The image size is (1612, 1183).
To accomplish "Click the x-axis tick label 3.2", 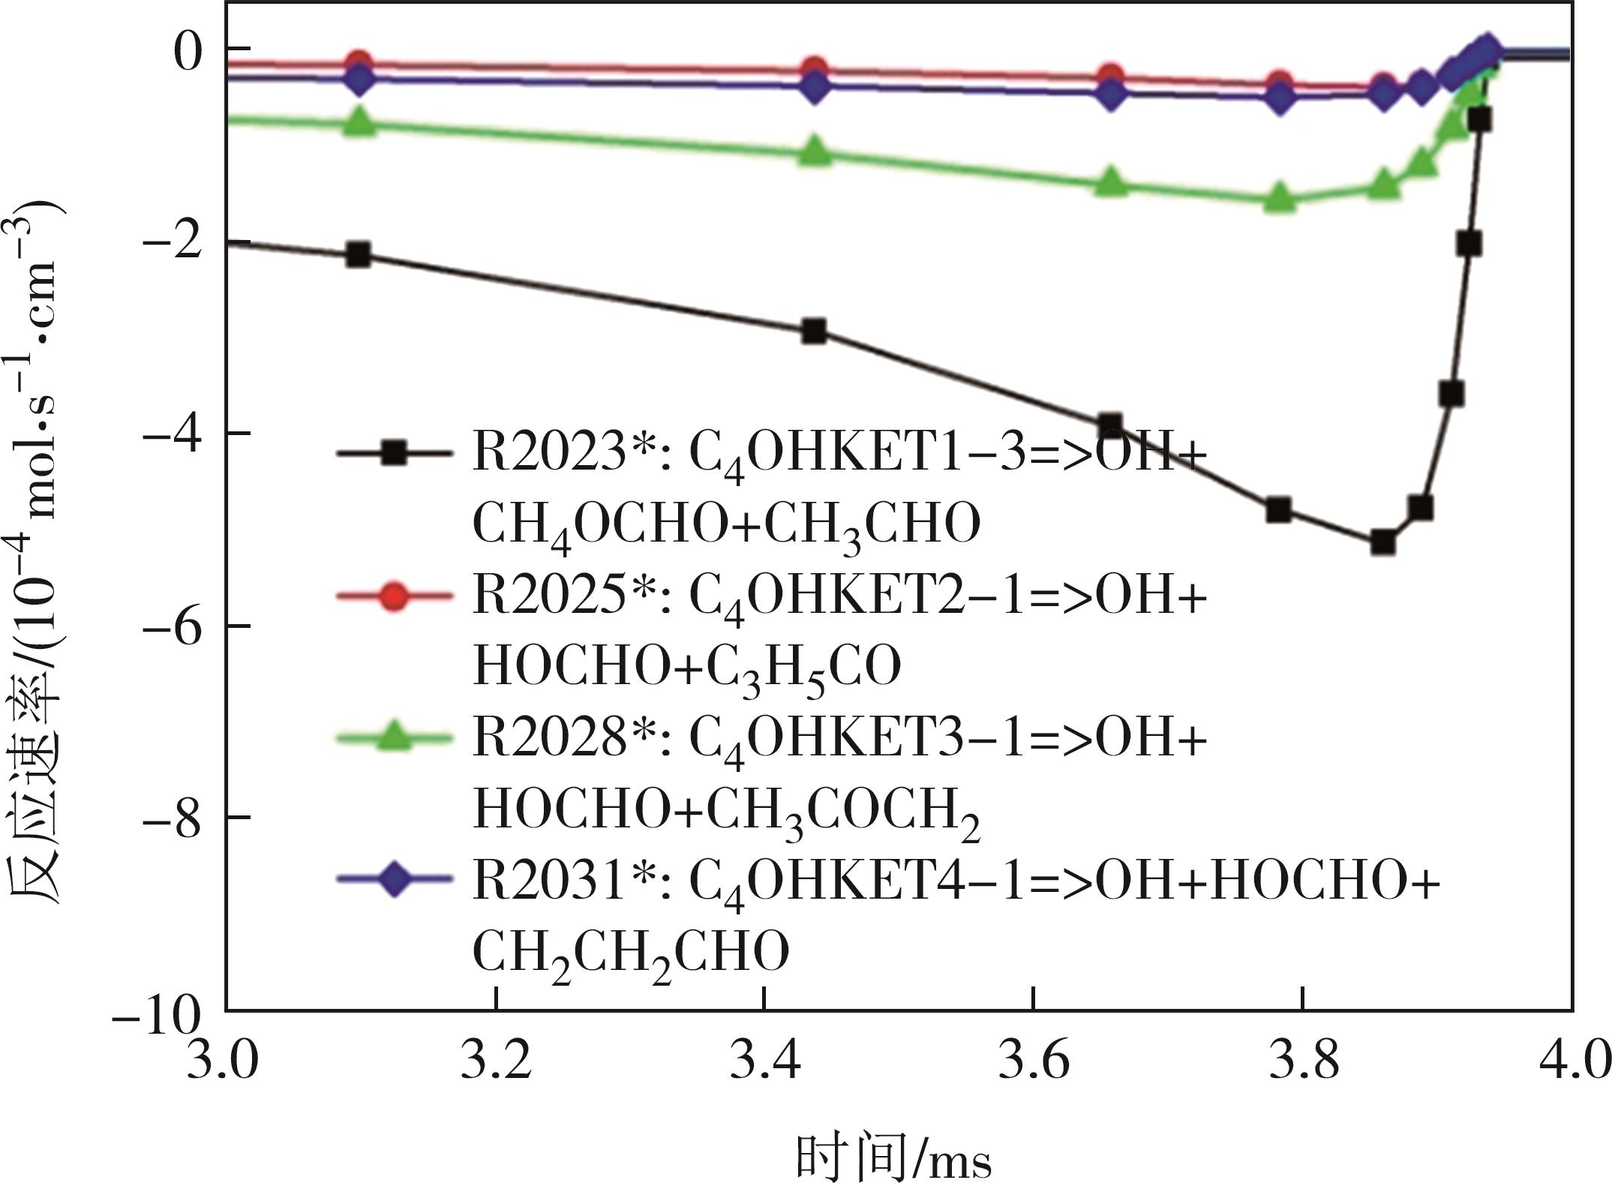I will click(x=495, y=1064).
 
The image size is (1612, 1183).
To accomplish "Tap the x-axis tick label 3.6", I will click(x=1034, y=1064).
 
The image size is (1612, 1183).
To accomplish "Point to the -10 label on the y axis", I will click(x=156, y=1019).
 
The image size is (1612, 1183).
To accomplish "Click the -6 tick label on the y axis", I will click(x=172, y=626).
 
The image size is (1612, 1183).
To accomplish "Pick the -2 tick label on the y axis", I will click(x=172, y=242).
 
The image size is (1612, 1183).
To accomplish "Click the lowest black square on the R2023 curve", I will click(x=1382, y=542).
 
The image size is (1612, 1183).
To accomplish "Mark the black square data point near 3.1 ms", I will click(x=359, y=255).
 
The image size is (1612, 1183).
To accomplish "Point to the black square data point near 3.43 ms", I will click(x=814, y=331).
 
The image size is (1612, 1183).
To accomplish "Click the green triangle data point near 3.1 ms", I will click(x=359, y=122).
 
